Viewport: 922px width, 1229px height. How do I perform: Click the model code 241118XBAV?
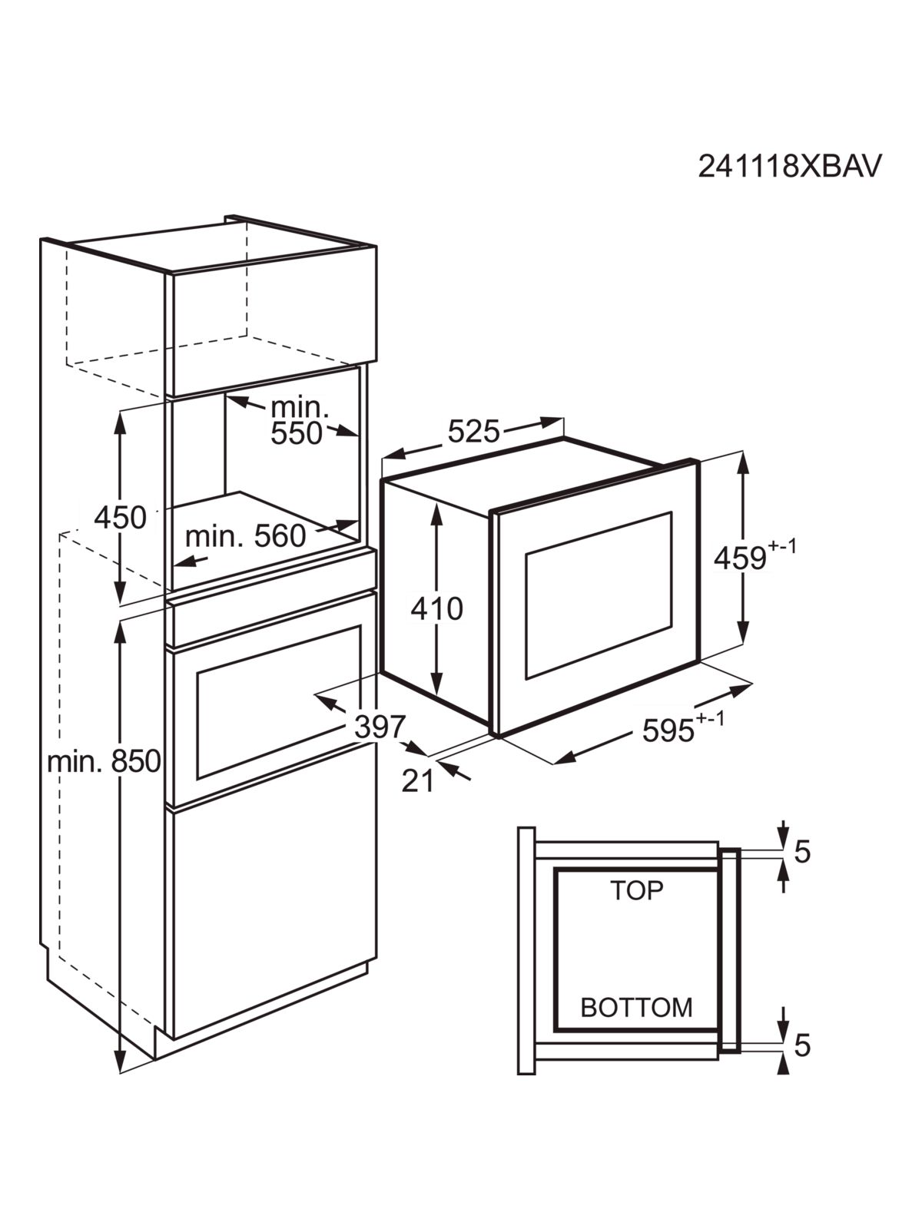pos(789,166)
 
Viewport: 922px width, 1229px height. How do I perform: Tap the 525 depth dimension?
pos(473,431)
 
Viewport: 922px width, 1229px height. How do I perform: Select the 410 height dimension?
pos(437,608)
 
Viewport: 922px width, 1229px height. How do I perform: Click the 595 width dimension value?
pos(668,730)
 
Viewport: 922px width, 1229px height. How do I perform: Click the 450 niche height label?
pos(120,518)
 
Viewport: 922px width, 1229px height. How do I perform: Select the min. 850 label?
pos(104,761)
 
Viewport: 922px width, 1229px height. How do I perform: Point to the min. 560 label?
pos(245,536)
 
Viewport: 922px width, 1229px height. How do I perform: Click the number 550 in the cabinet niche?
pos(297,432)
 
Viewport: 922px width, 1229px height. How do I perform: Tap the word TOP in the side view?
pos(636,891)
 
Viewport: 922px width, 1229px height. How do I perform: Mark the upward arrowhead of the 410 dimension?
pos(437,512)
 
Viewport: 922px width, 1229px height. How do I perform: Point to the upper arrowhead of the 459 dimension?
pos(743,465)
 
